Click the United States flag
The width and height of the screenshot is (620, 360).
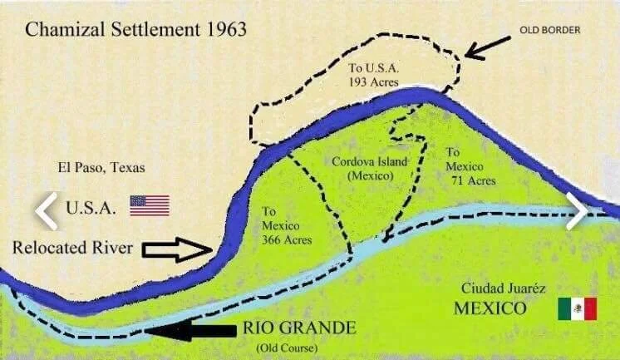[x=149, y=205]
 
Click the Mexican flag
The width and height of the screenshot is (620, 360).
[x=577, y=308]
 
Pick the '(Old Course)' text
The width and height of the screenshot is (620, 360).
[x=280, y=346]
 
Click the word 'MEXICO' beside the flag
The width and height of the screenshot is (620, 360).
[x=490, y=309]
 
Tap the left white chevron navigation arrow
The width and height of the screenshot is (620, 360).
[x=46, y=211]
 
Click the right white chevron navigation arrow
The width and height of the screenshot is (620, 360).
[x=576, y=210]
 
